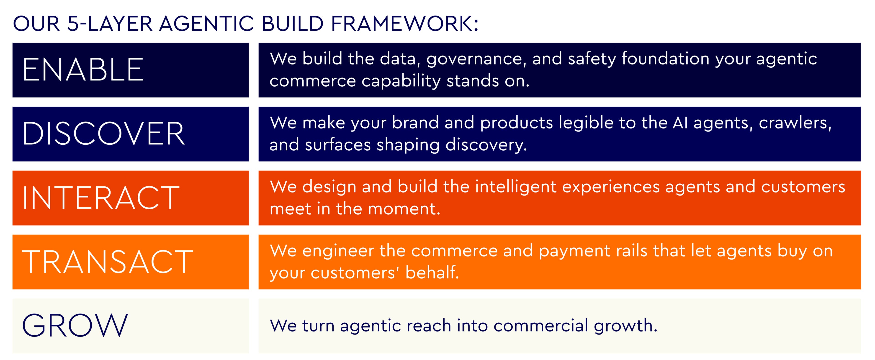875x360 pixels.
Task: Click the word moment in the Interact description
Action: click(x=404, y=209)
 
